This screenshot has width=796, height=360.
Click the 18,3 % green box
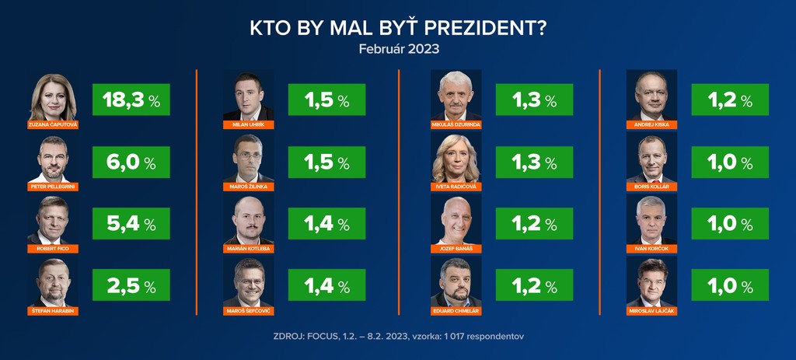click(131, 100)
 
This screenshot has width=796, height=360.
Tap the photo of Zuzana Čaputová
click(52, 96)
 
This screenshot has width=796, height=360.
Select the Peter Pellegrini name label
click(52, 187)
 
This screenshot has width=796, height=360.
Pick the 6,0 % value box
click(131, 162)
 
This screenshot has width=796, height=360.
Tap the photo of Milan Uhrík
click(248, 95)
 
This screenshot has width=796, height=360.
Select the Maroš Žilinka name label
click(248, 187)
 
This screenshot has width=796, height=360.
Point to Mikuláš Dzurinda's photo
click(456, 95)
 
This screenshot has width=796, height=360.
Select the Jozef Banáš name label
click(456, 249)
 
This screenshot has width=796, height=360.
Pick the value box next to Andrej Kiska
click(730, 100)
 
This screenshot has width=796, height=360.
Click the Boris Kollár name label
click(651, 187)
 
